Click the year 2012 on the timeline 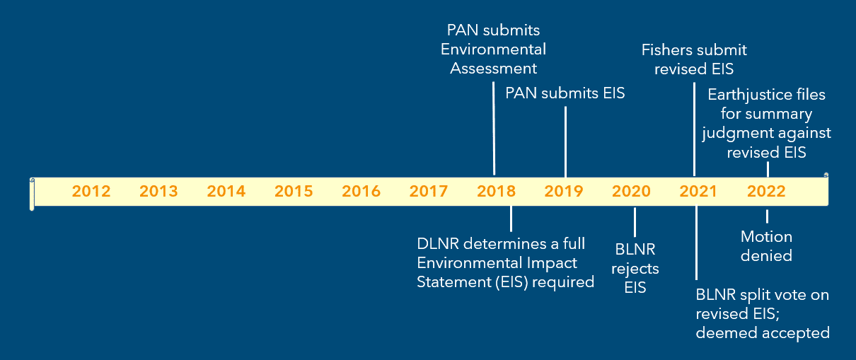click(91, 191)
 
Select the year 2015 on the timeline click(294, 191)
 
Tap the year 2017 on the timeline click(428, 191)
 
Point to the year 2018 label click(496, 191)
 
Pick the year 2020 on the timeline click(631, 191)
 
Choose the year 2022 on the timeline click(766, 191)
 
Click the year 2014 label click(226, 191)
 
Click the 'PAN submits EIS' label click(565, 93)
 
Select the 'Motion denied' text click(766, 245)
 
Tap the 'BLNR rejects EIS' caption click(635, 269)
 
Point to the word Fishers click(669, 50)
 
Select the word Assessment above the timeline click(494, 69)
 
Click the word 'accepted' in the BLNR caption click(793, 332)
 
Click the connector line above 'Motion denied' click(767, 216)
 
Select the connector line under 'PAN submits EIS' click(565, 141)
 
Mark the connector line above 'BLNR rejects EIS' click(635, 222)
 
